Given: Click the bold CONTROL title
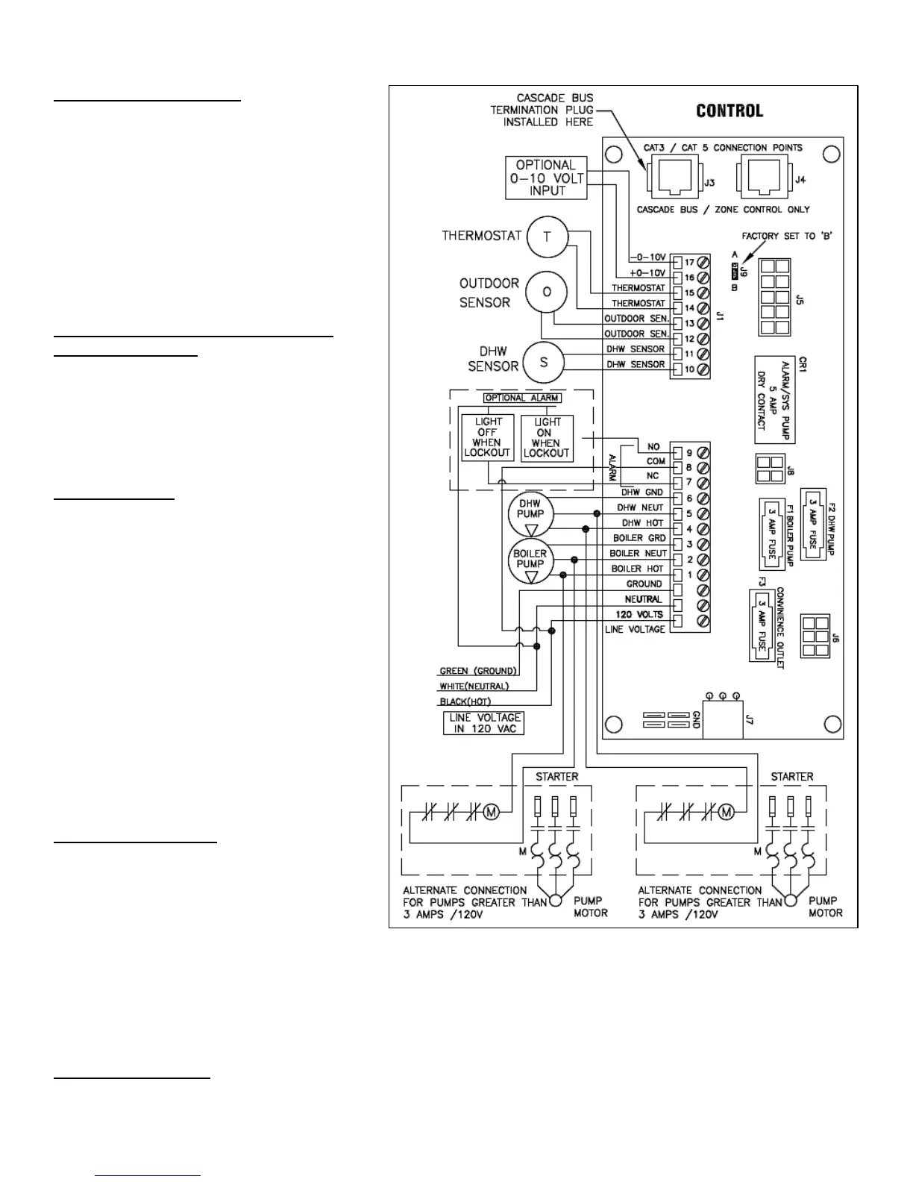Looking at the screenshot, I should click(729, 111).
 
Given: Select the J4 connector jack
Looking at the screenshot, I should click(759, 180).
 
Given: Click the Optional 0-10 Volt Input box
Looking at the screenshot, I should click(547, 178).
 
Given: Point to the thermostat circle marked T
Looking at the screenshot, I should click(547, 237).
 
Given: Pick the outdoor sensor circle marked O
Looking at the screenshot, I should click(546, 292).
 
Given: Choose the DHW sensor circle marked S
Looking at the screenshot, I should click(543, 362).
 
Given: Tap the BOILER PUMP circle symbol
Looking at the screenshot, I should click(530, 563).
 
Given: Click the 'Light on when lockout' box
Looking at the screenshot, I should click(547, 437).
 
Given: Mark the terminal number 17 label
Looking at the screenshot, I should click(689, 263).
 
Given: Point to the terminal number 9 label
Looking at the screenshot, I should click(689, 452).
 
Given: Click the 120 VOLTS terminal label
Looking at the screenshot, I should click(639, 615).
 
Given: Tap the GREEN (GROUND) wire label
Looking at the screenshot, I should click(478, 671).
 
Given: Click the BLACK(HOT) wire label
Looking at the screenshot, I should click(465, 701).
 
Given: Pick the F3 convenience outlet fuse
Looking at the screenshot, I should click(762, 625).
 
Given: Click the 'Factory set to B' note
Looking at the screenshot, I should click(787, 236).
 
